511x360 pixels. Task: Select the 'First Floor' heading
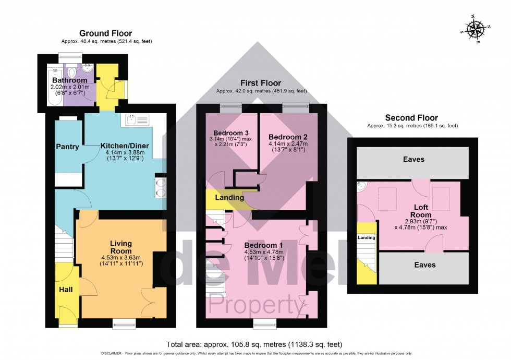(261, 83)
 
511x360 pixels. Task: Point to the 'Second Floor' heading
(411, 118)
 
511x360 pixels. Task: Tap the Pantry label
(68, 147)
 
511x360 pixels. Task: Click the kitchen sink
(136, 121)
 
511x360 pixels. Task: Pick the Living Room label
(120, 247)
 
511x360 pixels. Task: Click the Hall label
(65, 289)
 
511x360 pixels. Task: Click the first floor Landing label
(229, 198)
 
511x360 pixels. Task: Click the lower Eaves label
(424, 265)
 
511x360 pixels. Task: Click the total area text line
(254, 344)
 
